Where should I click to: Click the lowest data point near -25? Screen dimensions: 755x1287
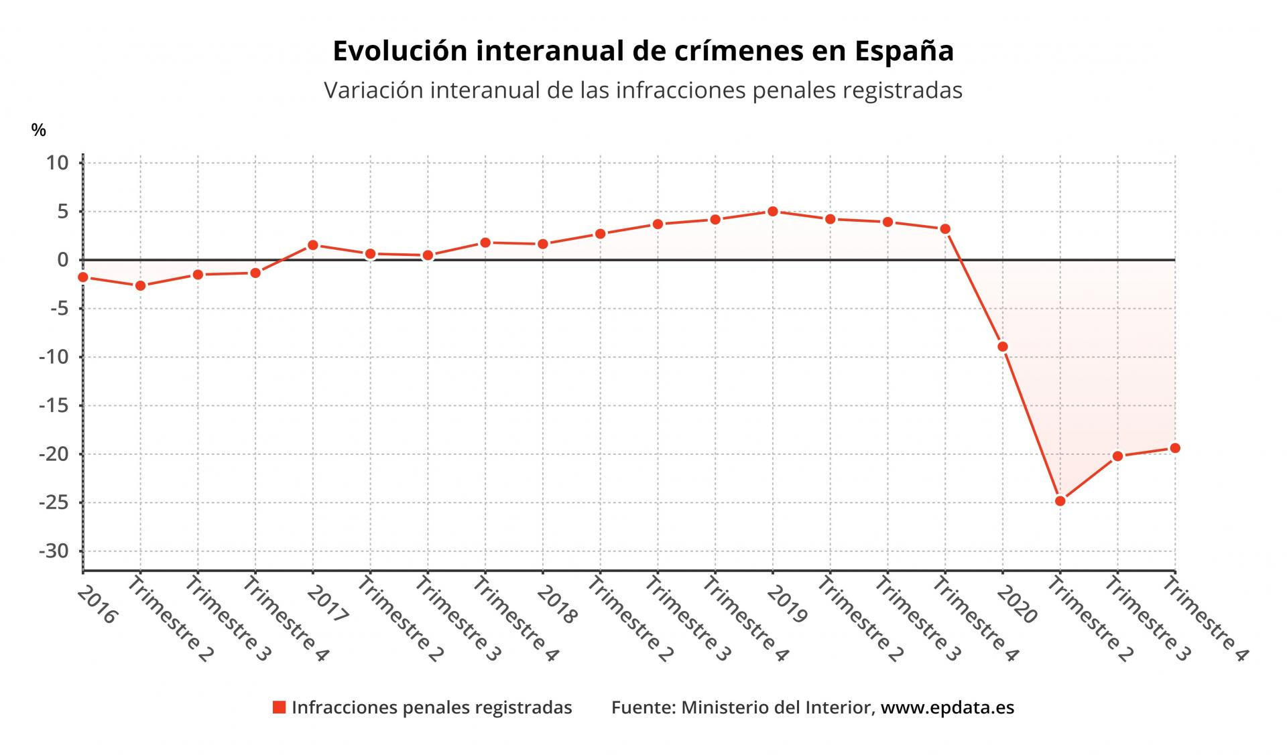(1060, 500)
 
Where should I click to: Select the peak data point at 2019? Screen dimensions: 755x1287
(772, 211)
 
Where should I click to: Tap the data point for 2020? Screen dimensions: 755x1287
(1003, 346)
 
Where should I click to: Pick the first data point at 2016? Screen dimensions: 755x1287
(83, 277)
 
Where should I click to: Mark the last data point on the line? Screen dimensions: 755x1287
(1175, 448)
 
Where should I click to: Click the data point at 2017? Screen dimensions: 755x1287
(313, 245)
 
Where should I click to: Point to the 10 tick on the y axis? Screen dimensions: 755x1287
(58, 163)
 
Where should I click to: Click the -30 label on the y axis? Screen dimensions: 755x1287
(54, 551)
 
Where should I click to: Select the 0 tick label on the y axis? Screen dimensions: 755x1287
(63, 260)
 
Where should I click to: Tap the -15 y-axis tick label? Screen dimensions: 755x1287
(54, 405)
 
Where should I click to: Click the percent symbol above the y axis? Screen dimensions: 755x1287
(39, 131)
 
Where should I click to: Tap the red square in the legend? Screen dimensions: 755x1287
(280, 707)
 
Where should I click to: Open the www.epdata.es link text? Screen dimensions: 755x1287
(947, 707)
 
